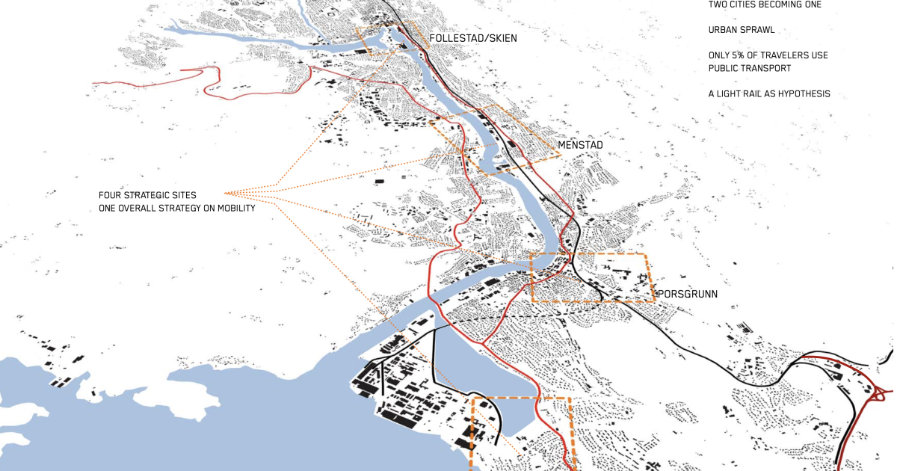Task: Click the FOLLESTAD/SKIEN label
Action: (x=472, y=38)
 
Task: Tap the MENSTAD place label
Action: (x=580, y=144)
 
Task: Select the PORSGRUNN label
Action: (x=687, y=294)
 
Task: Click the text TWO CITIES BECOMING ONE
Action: (x=765, y=4)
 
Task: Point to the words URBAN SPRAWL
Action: (x=742, y=31)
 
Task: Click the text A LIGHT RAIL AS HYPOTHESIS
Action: (x=769, y=94)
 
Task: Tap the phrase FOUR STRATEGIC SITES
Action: (x=147, y=195)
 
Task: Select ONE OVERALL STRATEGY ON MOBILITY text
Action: (x=176, y=209)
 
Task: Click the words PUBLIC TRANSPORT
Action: (x=750, y=68)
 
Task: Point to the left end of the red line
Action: (x=93, y=82)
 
